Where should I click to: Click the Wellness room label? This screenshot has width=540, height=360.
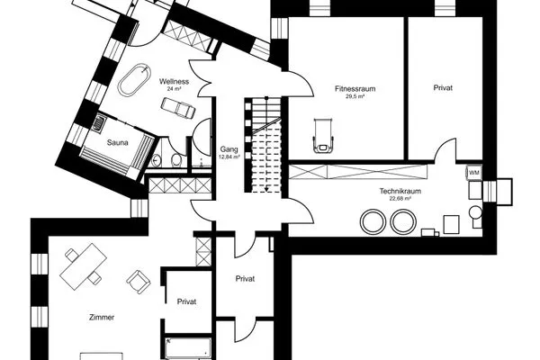tap(174, 82)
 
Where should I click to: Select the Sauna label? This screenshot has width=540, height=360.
tap(117, 142)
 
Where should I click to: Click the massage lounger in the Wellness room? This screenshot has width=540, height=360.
tap(178, 108)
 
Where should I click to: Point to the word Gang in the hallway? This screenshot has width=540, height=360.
tap(229, 149)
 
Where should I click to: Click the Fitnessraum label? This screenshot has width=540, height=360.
tap(355, 88)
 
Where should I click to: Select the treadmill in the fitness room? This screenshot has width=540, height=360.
tap(323, 135)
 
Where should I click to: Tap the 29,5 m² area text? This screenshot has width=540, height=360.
tap(355, 96)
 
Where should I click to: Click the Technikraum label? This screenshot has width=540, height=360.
tap(400, 191)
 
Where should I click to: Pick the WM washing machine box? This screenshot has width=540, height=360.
tap(474, 173)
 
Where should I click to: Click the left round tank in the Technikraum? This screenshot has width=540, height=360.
tap(373, 221)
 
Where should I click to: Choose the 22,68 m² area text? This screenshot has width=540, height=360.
tap(400, 199)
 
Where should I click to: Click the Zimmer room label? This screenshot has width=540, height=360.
tap(102, 318)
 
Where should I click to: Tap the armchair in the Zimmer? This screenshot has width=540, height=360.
tap(139, 282)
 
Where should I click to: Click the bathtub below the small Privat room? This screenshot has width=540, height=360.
tap(188, 348)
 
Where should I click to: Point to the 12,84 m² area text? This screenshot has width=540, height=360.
tap(229, 157)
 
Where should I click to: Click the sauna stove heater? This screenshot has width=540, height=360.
tap(100, 122)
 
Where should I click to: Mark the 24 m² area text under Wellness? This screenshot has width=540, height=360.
tap(174, 89)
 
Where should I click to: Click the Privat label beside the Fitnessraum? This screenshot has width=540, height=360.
tap(443, 88)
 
